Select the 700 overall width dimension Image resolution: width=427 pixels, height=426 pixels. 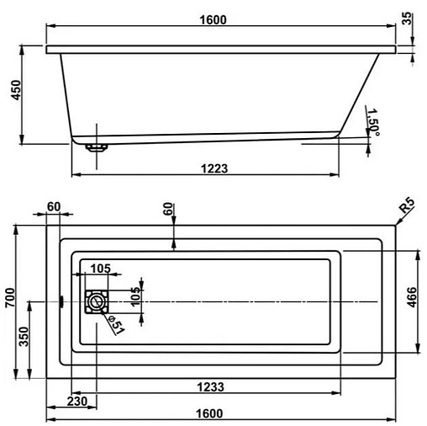[10, 301]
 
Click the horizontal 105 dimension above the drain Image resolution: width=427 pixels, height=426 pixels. [100, 269]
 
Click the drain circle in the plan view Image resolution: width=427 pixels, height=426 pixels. [96, 301]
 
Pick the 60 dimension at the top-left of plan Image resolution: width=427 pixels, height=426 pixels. [55, 207]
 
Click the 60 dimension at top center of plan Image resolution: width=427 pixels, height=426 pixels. [167, 207]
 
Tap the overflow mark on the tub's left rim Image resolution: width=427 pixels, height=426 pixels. [61, 301]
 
